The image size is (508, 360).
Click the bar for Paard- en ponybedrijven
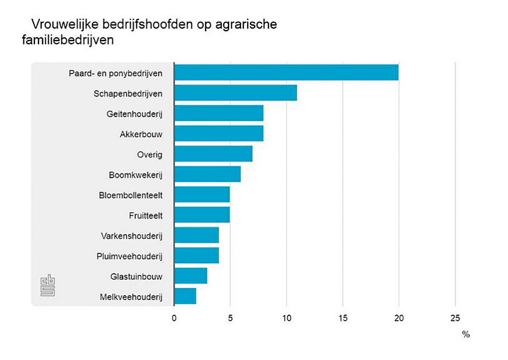pos(286,73)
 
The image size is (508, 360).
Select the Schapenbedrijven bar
pos(235,93)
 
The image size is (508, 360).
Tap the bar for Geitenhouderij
pos(219,113)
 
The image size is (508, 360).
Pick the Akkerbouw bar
pos(219,134)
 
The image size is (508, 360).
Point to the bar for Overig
pos(213,154)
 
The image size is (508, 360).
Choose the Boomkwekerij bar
pos(207,174)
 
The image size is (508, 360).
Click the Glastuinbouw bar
pos(191,276)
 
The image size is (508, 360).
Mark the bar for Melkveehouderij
pos(185,296)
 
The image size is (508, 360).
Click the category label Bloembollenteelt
pos(130,195)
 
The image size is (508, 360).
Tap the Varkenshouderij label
pos(131,236)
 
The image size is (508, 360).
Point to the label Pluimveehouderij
pos(129,256)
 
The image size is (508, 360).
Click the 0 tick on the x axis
pos(174,317)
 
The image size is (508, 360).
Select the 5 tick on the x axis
pos(230,317)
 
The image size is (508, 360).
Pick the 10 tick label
pos(286,317)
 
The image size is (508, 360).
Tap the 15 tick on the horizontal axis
pos(342,317)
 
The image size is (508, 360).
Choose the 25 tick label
pos(455,317)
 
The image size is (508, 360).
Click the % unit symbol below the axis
pos(465,335)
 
